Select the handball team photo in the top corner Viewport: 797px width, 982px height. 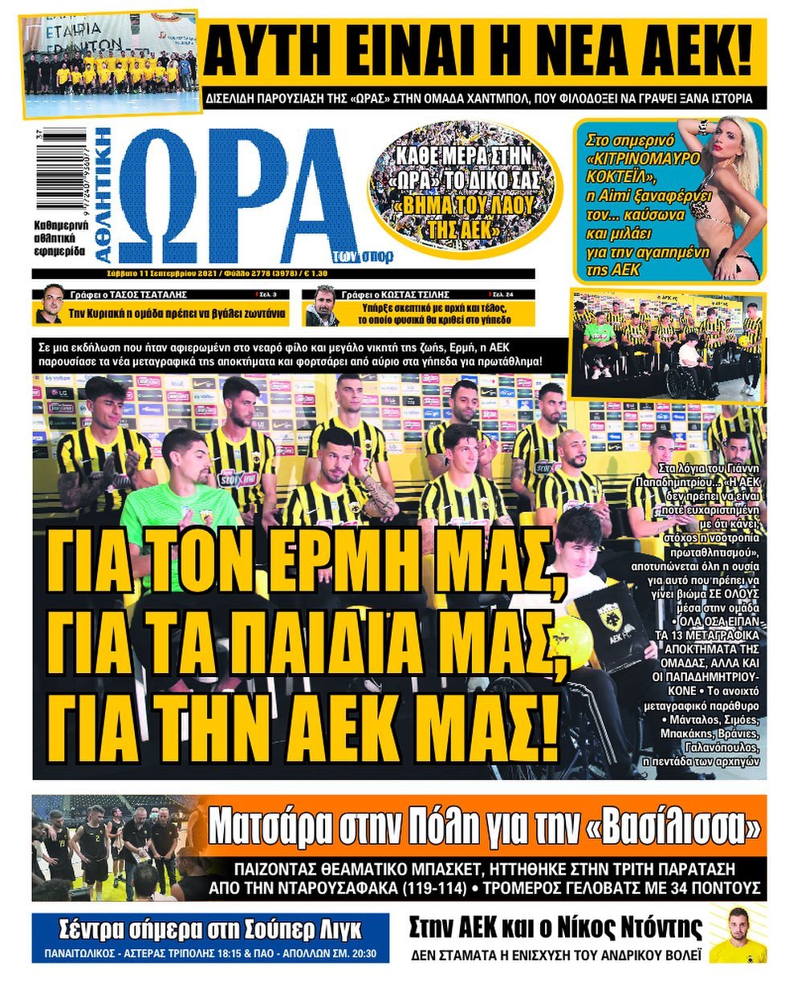point(109,63)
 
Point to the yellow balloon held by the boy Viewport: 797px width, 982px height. point(571,639)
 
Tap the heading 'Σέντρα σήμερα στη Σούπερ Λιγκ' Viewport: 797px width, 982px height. point(210,931)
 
